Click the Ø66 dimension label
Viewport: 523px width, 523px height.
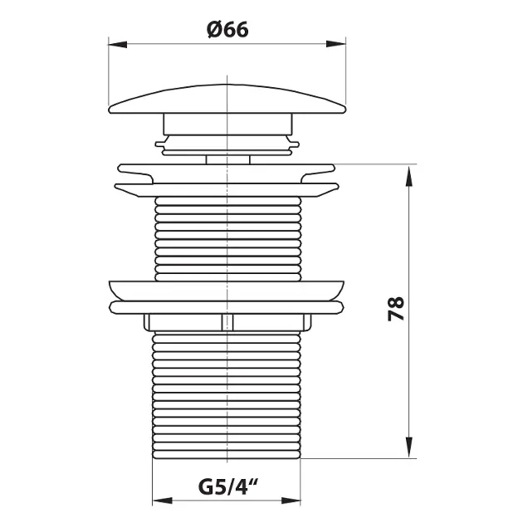coord(227,30)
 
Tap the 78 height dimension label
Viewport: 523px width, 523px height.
coord(396,309)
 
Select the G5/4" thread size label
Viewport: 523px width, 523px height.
coord(228,487)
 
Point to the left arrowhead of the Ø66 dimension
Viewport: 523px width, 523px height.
coord(118,44)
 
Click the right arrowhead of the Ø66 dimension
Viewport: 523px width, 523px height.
coord(336,44)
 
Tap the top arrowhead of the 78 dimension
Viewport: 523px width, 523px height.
coord(409,175)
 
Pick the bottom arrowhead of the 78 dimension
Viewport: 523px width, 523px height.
coord(409,447)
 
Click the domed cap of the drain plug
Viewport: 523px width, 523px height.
coord(227,100)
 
